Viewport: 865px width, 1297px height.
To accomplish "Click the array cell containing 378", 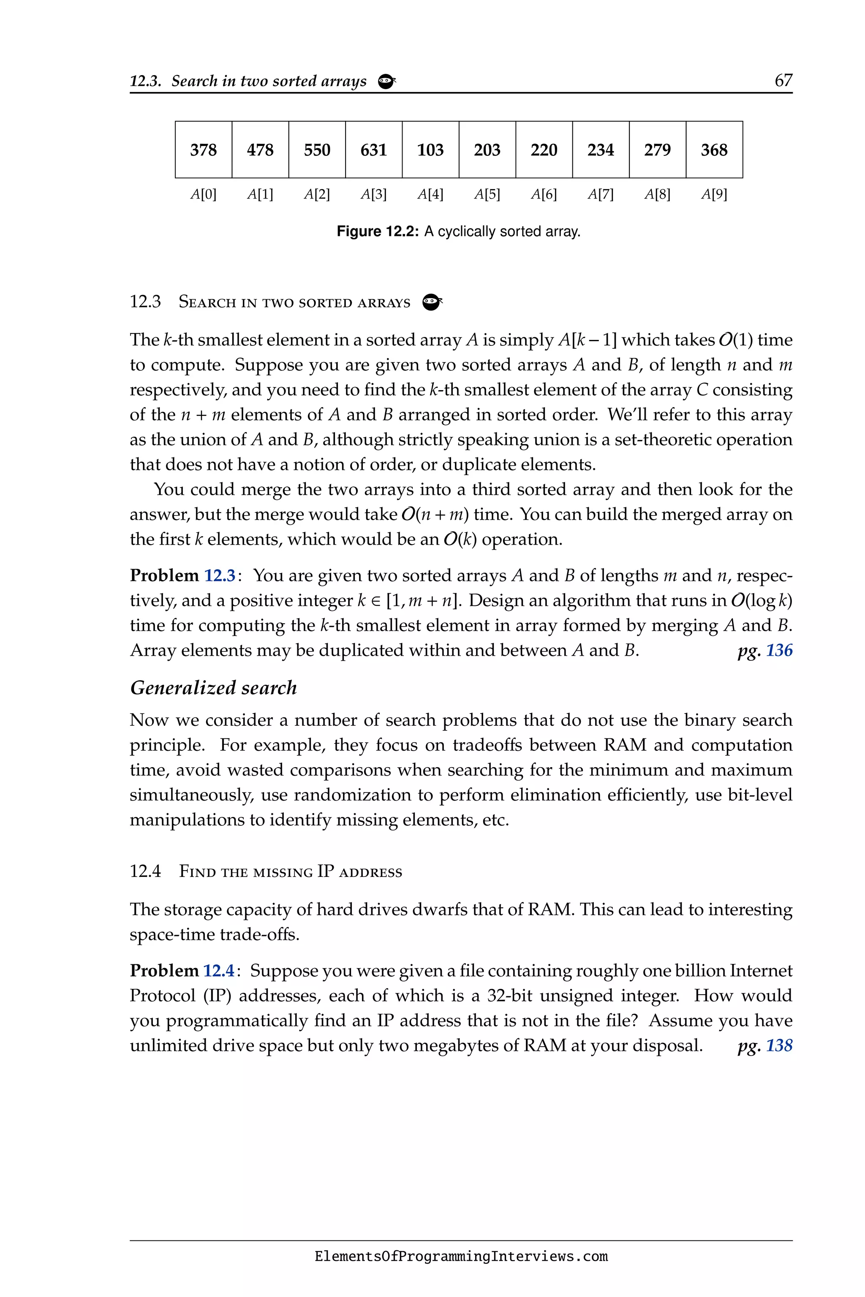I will click(x=204, y=149).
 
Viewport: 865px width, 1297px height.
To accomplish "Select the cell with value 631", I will click(x=373, y=149).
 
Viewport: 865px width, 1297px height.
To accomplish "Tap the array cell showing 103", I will click(x=430, y=149).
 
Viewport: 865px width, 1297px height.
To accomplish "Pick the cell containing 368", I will click(x=714, y=149).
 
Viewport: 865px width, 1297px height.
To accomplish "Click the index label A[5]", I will click(x=487, y=194).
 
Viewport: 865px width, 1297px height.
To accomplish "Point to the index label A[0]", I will click(x=204, y=194).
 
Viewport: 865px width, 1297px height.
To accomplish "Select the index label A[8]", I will click(x=657, y=194).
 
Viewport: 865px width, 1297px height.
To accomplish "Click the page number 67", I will click(x=783, y=81).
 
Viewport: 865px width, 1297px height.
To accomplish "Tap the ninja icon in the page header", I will click(x=387, y=81).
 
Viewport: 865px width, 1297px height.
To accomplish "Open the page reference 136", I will click(x=779, y=650).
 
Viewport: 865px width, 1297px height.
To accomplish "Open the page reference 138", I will click(x=779, y=1045).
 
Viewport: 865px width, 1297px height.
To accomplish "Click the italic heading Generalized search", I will click(x=213, y=688).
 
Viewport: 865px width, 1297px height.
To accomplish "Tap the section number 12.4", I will click(x=145, y=871).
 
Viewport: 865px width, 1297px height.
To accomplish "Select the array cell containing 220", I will click(x=544, y=149).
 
